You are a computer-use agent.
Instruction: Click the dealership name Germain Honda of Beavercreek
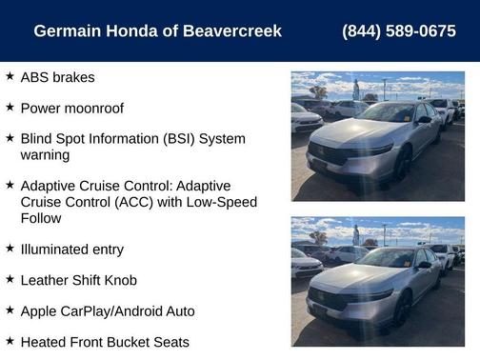tap(157, 31)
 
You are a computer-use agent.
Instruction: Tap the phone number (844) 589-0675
tap(398, 31)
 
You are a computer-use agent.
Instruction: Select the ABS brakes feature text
tap(57, 77)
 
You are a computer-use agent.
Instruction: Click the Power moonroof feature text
tap(71, 109)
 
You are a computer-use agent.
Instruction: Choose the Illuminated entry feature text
tap(71, 250)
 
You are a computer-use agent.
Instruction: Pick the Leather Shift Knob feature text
tap(78, 280)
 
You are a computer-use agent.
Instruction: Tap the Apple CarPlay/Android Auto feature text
tap(107, 310)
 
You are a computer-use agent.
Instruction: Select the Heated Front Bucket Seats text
tap(105, 342)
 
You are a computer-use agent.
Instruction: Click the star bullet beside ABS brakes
tap(10, 76)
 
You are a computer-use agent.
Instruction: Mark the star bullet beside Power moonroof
tap(10, 108)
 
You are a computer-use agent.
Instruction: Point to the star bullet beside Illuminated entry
tap(10, 249)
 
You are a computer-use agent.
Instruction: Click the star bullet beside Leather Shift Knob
tap(10, 279)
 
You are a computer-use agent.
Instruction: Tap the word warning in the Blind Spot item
tap(45, 154)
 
